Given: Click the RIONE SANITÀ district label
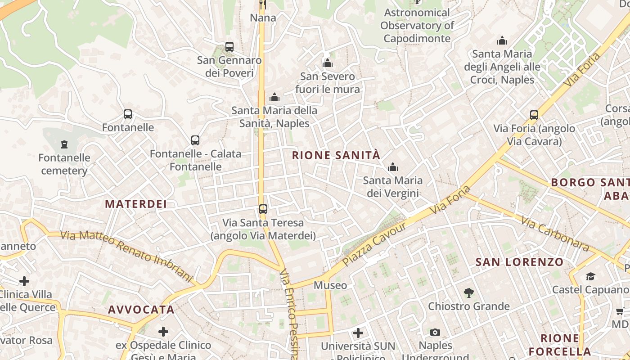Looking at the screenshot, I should (336, 156).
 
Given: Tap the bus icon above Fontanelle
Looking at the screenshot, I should (128, 114).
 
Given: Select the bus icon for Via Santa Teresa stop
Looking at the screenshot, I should (263, 209).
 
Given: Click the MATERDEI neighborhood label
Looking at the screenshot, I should (136, 204).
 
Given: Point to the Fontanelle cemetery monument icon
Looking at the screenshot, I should (64, 144).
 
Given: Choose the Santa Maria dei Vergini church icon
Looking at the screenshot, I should (393, 167).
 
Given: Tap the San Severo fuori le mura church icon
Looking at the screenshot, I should (328, 63).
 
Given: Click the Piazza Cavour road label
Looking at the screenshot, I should (374, 243).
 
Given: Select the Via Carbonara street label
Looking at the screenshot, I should (555, 234).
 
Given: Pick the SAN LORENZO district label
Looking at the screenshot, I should (519, 262).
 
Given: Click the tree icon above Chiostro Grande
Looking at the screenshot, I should (469, 293).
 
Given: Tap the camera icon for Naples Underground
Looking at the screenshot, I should (435, 332).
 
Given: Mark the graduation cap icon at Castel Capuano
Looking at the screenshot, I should (590, 276).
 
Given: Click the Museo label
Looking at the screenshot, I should (330, 285).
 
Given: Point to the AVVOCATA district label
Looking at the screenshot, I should (141, 310).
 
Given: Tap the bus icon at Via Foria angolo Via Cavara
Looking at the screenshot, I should (534, 115).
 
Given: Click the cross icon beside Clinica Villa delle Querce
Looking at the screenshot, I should (24, 282).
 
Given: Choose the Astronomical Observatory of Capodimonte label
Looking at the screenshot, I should (417, 26).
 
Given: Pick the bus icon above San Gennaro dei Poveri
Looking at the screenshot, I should (229, 46).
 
